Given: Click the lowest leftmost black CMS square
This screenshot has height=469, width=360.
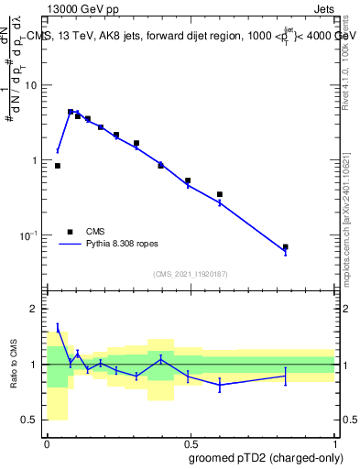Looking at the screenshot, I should pos(58,166).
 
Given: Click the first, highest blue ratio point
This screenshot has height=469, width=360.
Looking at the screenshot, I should pos(58,327).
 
